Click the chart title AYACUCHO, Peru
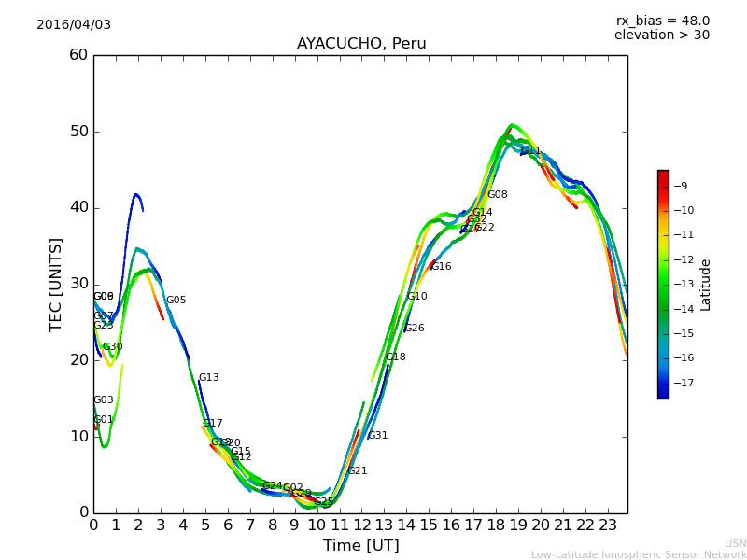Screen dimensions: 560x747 coord(360,44)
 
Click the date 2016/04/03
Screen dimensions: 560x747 coord(74,25)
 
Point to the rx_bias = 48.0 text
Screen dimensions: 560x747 coord(662,21)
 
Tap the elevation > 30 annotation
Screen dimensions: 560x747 coord(661,35)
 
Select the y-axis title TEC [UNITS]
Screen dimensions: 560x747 coord(57,284)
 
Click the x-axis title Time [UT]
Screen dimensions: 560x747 coord(360,546)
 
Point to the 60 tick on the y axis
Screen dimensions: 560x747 coord(78,55)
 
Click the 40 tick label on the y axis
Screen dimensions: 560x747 coord(78,207)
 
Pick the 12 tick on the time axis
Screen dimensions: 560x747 coord(361,525)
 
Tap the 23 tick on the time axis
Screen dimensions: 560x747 coord(607,525)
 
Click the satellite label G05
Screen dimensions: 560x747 coord(176,301)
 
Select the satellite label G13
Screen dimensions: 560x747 coord(208,378)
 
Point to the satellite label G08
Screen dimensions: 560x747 coord(498,195)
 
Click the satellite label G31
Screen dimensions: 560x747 coord(377,436)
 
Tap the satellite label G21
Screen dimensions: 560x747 coord(358,471)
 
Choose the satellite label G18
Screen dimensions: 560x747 coord(396,357)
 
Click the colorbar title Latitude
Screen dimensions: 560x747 coord(706,284)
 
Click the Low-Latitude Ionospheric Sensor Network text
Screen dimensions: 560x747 coord(639,555)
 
